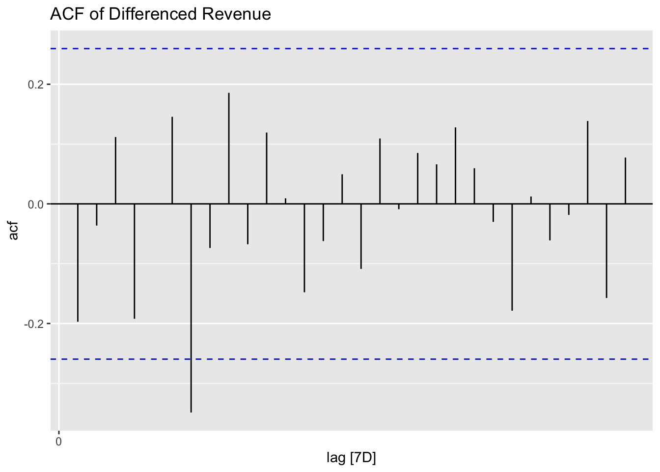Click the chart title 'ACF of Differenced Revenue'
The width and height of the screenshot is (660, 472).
160,14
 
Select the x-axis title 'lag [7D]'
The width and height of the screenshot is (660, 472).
351,458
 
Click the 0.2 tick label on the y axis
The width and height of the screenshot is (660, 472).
36,85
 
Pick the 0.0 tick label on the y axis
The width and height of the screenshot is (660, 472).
36,204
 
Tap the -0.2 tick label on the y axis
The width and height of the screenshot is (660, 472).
34,324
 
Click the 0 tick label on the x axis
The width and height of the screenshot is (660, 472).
58,442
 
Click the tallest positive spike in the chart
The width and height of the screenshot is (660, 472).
229,147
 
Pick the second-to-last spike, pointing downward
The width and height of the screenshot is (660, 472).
606,251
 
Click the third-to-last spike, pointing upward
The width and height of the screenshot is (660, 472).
587,162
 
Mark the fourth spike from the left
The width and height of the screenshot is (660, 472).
134,261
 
